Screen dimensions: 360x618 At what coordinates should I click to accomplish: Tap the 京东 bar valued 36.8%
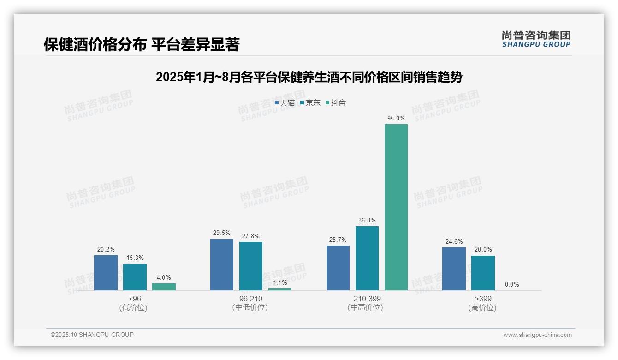point(367,258)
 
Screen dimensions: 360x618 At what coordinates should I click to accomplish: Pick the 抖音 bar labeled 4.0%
point(164,287)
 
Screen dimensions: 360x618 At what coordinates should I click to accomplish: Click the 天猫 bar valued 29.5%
point(221,264)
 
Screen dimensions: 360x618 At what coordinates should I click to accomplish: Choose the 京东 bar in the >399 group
point(483,273)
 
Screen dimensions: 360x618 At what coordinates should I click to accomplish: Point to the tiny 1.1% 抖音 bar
point(280,289)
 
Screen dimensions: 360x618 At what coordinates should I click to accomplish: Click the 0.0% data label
point(512,285)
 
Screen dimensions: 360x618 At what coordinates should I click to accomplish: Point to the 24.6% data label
point(454,241)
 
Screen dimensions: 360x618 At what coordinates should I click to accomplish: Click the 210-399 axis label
point(367,299)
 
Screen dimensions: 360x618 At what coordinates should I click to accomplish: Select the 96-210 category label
point(251,299)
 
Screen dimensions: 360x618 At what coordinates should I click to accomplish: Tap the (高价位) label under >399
point(482,308)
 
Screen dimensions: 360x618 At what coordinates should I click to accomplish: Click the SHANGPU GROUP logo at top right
point(536,39)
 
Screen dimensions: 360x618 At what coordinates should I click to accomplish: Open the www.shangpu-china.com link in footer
point(537,335)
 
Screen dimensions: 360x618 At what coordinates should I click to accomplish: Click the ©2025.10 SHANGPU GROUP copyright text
point(92,335)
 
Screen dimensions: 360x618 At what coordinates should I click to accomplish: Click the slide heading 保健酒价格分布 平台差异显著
point(142,45)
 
